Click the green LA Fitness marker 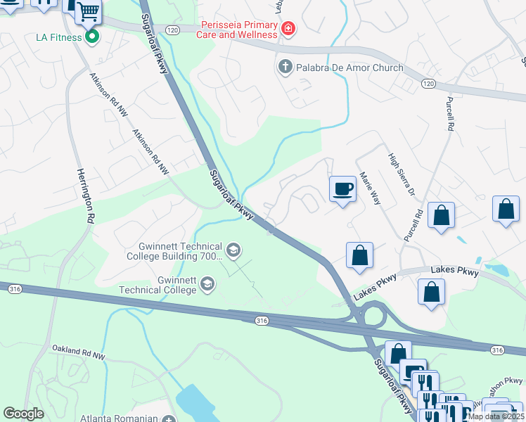pos(92,36)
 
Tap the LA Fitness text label pos(58,37)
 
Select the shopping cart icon pos(88,11)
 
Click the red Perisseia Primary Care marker pos(287,29)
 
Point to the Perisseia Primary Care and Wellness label pos(237,29)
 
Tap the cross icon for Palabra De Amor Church pos(285,68)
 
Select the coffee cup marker pos(342,189)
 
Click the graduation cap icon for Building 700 pos(233,250)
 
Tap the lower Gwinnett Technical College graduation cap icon pos(207,284)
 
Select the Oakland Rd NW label pos(79,357)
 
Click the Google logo pos(24,414)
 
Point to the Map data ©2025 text pos(496,416)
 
